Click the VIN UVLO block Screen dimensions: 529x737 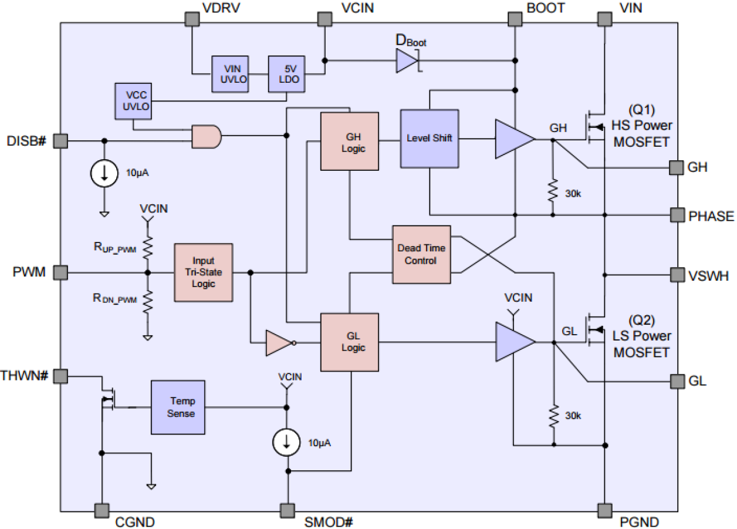(229, 74)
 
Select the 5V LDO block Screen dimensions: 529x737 (286, 74)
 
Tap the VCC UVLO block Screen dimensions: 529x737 (133, 101)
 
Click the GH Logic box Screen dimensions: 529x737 (349, 141)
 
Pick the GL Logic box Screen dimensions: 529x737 (349, 342)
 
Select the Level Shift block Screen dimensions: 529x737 (430, 139)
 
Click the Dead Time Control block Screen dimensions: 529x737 (421, 254)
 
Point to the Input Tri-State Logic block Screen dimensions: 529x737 (204, 272)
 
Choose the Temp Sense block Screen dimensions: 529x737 (179, 407)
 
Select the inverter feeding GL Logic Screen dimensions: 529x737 (279, 343)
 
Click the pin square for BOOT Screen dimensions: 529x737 (515, 19)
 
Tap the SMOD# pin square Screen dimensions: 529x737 (287, 510)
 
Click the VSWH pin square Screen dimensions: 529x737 (677, 274)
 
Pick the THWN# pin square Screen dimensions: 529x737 (61, 376)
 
